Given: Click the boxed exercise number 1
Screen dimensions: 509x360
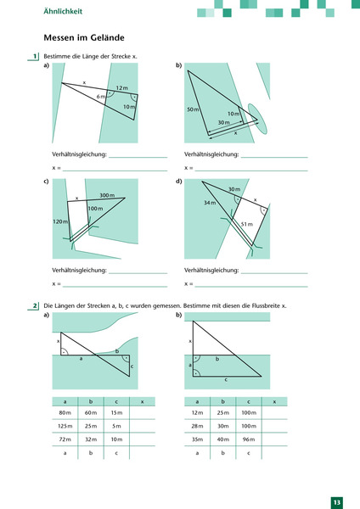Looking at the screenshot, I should coord(34,57).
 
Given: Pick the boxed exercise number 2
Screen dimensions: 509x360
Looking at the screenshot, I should coord(34,305).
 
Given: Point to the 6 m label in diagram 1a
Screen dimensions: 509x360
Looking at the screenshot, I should coord(101,97).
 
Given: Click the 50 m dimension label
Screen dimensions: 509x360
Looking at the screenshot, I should coord(192,110).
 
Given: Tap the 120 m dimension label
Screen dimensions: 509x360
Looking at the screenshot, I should coord(59,221).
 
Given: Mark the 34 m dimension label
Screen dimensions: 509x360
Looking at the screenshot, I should coord(210,203).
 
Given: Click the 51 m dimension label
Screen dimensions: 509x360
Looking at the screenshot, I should coord(247,223).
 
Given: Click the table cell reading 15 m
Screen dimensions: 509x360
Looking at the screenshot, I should coord(116,412).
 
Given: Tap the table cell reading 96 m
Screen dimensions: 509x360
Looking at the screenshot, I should coord(248,439).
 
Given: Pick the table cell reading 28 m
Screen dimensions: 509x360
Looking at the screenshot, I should coord(197,425).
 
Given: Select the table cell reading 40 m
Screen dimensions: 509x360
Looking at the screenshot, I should coord(222,439).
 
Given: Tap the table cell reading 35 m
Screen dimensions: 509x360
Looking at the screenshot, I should coord(197,439).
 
